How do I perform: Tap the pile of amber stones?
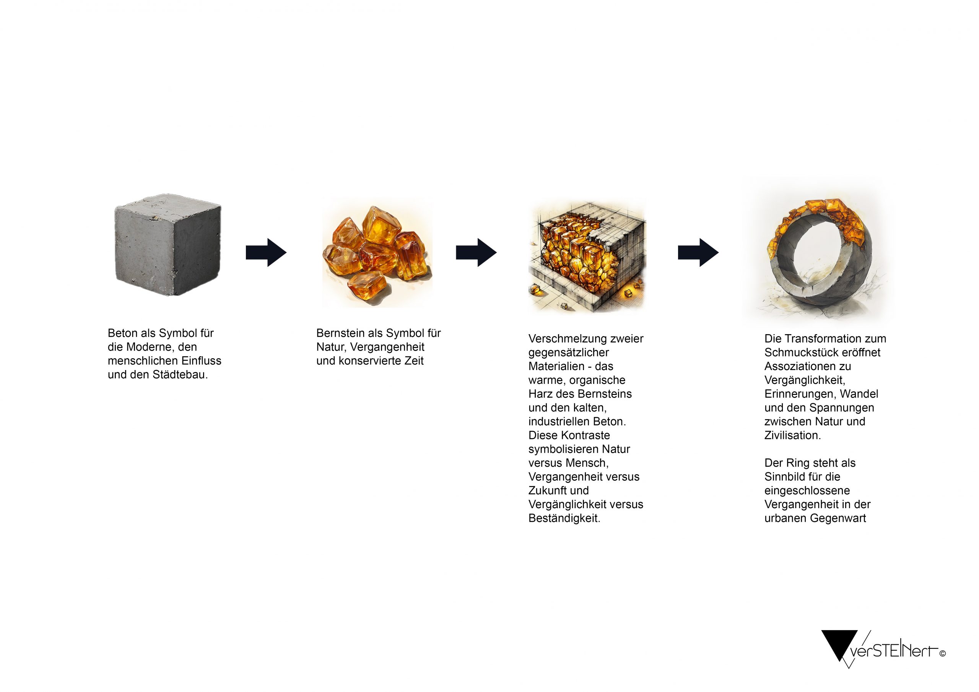(377, 252)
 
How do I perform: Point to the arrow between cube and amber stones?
(266, 252)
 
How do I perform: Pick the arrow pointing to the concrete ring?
(698, 252)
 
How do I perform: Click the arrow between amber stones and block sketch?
(476, 252)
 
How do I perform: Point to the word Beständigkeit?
(564, 518)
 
